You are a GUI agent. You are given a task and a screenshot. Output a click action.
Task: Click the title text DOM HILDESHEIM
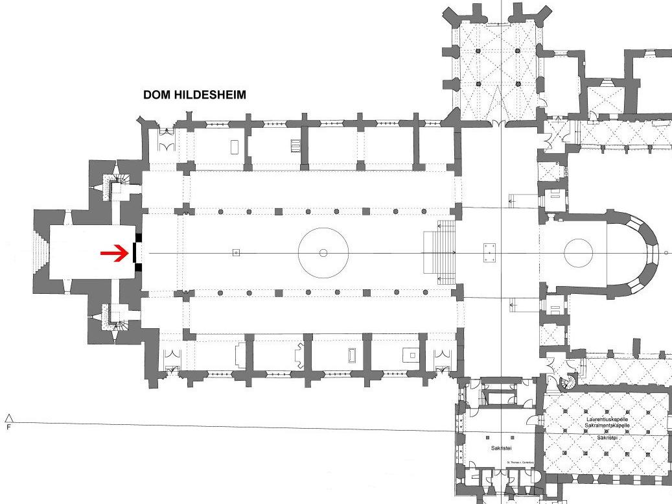(194, 95)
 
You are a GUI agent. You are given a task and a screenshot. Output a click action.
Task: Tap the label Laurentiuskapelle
(607, 420)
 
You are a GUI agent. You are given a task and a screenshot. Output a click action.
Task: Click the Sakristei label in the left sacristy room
(498, 448)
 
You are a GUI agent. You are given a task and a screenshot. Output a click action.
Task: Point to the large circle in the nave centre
(323, 252)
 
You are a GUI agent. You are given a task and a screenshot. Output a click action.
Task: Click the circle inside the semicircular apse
(578, 252)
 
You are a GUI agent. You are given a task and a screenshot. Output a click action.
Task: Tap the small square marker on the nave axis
(236, 252)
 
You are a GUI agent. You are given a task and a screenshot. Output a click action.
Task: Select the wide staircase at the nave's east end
(439, 252)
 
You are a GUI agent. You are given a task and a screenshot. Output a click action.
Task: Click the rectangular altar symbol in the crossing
(489, 252)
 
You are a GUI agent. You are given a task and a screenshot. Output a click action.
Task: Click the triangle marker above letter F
(8, 418)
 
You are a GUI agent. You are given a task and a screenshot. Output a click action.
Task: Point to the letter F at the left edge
(8, 428)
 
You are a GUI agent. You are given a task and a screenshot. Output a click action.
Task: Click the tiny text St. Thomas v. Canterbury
(521, 462)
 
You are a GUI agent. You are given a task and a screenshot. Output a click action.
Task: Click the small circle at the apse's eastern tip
(666, 252)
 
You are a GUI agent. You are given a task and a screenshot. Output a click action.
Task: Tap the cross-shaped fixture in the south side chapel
(300, 354)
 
